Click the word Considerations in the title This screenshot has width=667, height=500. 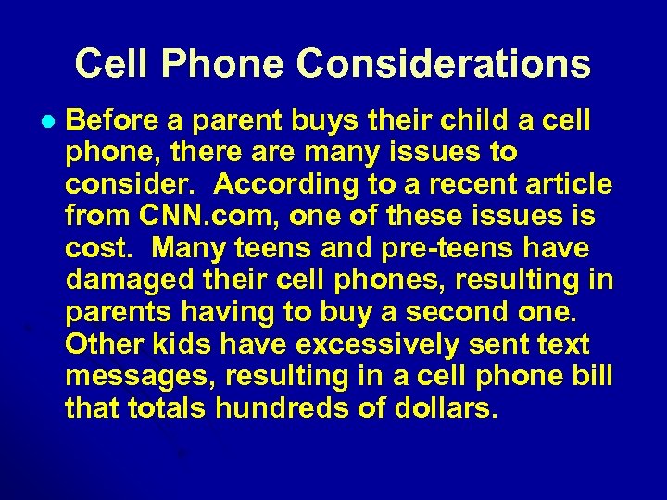point(444,64)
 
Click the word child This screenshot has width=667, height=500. point(459,120)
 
